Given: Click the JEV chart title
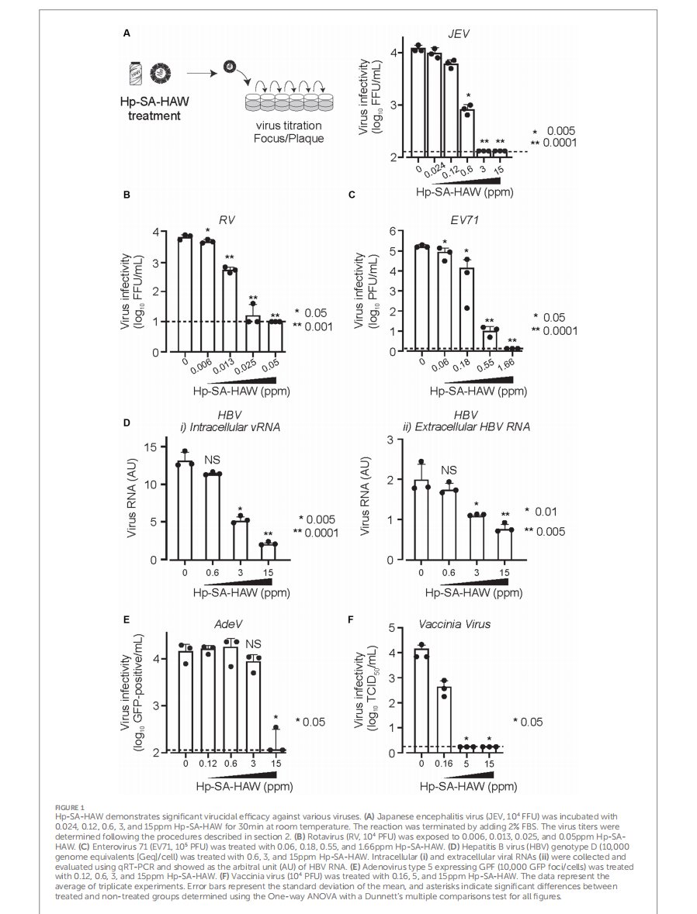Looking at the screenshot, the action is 458,34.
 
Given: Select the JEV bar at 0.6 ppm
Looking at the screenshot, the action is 466,133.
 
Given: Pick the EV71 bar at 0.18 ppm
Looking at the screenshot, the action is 466,309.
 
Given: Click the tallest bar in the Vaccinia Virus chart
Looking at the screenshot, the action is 421,701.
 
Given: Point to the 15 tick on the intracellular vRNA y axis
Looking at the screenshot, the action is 151,447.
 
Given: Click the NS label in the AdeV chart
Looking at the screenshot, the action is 253,644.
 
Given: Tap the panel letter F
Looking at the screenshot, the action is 351,619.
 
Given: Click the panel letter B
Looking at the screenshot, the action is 127,195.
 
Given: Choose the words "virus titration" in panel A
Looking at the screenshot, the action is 289,126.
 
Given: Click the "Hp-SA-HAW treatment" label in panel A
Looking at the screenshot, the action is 154,109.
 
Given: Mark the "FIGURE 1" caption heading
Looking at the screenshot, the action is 69,807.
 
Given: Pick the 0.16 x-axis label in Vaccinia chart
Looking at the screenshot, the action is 444,764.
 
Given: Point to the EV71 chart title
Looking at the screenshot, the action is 465,220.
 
